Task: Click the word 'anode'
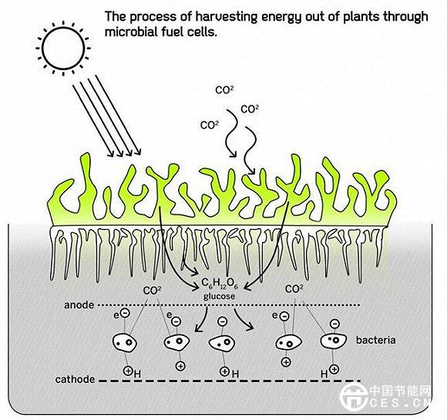click(79, 305)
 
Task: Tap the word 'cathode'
click(75, 379)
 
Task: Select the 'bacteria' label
click(376, 340)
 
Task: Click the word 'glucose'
click(219, 297)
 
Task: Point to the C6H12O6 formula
click(220, 283)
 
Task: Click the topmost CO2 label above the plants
click(224, 90)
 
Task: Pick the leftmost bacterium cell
click(124, 341)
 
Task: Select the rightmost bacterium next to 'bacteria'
click(333, 341)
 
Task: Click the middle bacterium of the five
click(222, 342)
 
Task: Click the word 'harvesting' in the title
click(226, 17)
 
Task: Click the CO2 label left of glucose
click(152, 291)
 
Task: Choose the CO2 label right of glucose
click(294, 289)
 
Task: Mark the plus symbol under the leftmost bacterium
click(128, 371)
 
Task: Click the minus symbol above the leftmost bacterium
click(125, 313)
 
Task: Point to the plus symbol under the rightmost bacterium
click(334, 370)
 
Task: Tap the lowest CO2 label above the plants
click(210, 125)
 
